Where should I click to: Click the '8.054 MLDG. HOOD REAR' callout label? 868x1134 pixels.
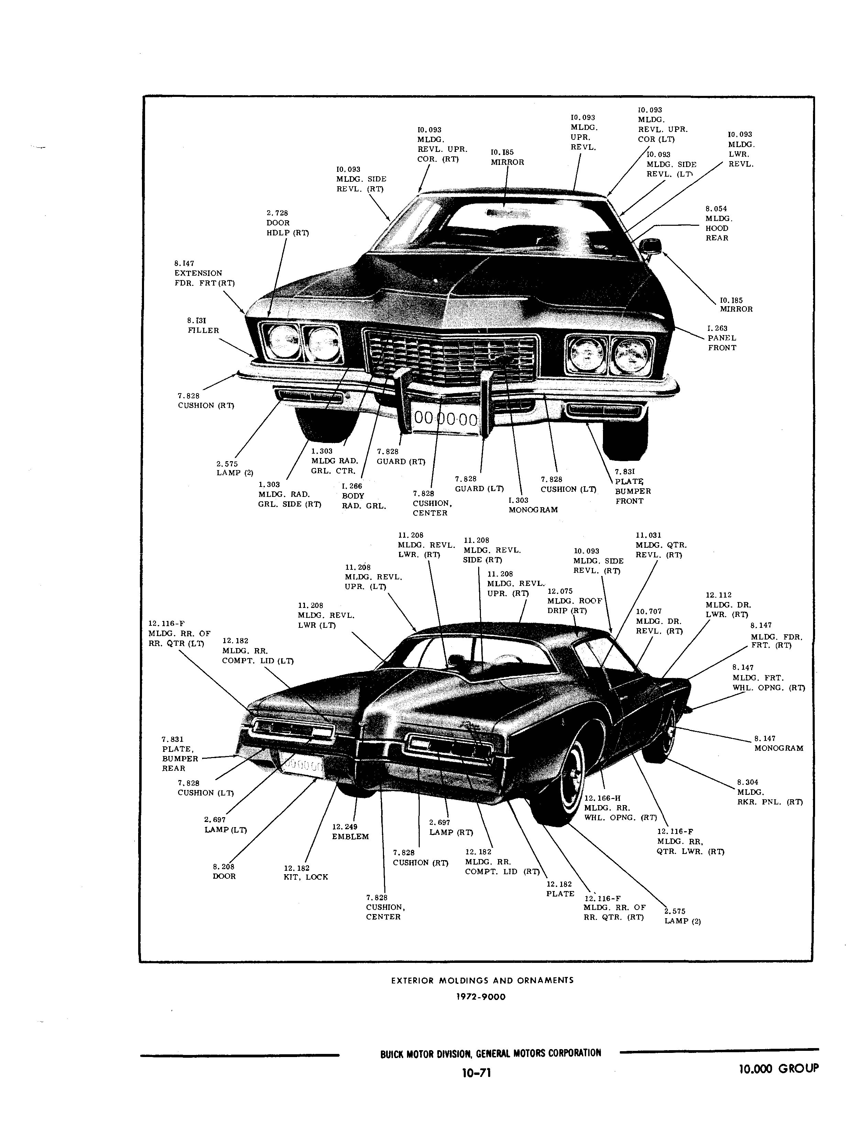pyautogui.click(x=719, y=223)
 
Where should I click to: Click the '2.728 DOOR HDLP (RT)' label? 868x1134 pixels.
pyautogui.click(x=287, y=223)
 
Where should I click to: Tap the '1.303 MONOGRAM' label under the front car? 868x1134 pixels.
pyautogui.click(x=533, y=504)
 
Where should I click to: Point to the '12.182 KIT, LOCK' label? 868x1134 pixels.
pyautogui.click(x=306, y=873)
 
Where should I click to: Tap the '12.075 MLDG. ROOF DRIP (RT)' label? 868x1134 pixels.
pyautogui.click(x=567, y=601)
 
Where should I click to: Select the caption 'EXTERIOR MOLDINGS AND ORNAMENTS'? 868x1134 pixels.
pyautogui.click(x=482, y=980)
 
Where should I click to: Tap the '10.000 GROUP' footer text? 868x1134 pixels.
pyautogui.click(x=779, y=1068)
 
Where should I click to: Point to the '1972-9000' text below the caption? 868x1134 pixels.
pyautogui.click(x=481, y=997)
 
